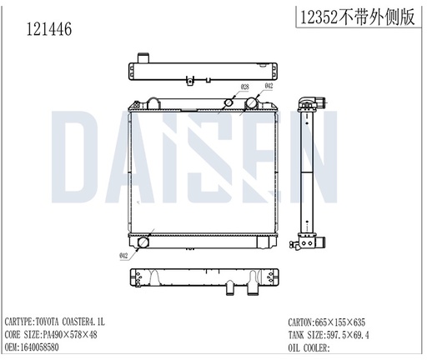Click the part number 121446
click(48, 28)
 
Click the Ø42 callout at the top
click(269, 87)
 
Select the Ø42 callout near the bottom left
click(123, 254)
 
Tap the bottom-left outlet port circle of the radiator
click(143, 243)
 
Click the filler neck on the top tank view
click(142, 58)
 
